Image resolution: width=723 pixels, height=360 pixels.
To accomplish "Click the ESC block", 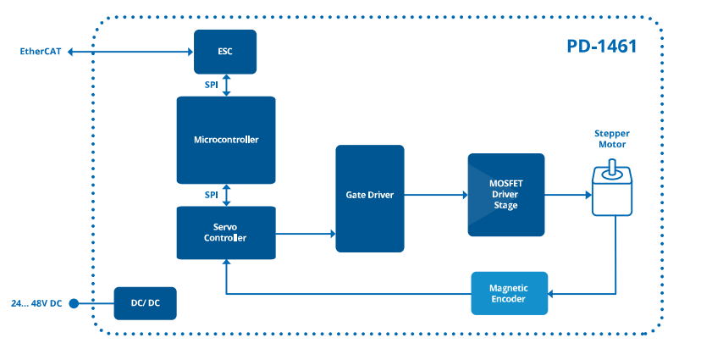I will pyautogui.click(x=224, y=51).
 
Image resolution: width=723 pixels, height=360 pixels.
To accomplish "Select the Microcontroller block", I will pyautogui.click(x=225, y=140).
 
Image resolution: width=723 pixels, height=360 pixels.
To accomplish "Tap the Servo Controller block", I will pyautogui.click(x=225, y=233).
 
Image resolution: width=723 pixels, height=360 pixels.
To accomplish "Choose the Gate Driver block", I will pyautogui.click(x=369, y=198).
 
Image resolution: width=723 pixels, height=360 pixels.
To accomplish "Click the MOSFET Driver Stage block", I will pyautogui.click(x=505, y=195).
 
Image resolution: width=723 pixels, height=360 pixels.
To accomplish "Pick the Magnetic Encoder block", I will pyautogui.click(x=508, y=293).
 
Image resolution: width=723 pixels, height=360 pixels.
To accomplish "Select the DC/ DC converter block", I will pyautogui.click(x=146, y=303).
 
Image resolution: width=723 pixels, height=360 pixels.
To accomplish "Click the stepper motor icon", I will pyautogui.click(x=610, y=191).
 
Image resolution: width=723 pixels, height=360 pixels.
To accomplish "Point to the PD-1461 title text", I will pyautogui.click(x=601, y=46).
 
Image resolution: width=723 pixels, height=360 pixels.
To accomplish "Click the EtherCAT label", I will pyautogui.click(x=41, y=52).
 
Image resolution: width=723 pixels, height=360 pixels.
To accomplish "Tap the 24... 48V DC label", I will pyautogui.click(x=36, y=303).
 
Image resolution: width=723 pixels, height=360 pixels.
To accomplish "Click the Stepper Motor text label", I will pyautogui.click(x=611, y=139).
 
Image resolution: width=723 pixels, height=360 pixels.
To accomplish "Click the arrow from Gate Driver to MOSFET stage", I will pyautogui.click(x=435, y=195).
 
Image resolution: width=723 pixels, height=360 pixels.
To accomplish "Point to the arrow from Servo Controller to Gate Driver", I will pyautogui.click(x=305, y=233).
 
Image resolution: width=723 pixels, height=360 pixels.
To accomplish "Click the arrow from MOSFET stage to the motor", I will pyautogui.click(x=566, y=195).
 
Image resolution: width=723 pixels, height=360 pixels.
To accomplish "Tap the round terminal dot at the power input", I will pyautogui.click(x=74, y=303).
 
